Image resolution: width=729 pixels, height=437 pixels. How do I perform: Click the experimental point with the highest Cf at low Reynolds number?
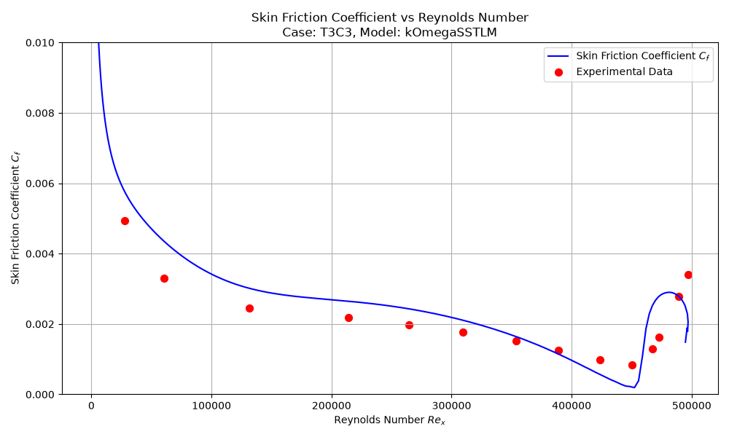125,221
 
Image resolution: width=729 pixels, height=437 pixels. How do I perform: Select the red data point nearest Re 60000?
164,279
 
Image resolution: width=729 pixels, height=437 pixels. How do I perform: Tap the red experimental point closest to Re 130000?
249,308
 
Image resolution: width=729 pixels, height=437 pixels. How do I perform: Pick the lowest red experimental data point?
632,366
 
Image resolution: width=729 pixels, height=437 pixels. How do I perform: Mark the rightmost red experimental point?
689,275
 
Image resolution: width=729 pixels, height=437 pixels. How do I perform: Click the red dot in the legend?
559,72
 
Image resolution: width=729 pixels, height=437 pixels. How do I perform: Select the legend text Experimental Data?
625,71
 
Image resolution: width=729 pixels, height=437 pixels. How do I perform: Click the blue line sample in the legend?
558,56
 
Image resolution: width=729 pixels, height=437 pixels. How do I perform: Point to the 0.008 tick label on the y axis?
40,114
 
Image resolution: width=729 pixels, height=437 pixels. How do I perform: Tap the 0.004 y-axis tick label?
40,254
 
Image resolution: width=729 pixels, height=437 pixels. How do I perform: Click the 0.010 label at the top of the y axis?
40,43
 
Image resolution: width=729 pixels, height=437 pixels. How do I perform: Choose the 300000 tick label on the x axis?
451,406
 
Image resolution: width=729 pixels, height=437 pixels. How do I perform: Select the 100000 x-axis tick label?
211,406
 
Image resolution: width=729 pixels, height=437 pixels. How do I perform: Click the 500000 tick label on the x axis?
692,406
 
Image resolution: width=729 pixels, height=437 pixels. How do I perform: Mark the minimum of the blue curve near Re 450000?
634,387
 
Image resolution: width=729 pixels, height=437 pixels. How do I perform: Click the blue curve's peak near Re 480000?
668,292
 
